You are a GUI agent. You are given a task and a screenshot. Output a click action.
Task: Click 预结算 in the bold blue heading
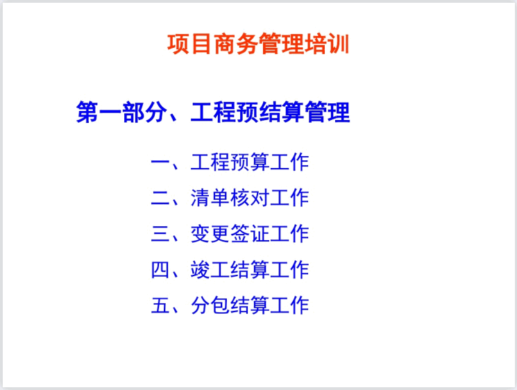(x=270, y=112)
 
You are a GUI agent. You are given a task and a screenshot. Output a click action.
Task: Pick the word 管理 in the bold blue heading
(x=328, y=112)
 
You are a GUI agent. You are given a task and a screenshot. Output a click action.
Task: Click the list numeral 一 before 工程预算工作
(x=160, y=163)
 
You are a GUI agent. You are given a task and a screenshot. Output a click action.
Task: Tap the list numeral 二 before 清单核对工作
(x=160, y=198)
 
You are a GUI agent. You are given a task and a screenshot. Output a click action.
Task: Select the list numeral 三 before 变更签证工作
(x=160, y=234)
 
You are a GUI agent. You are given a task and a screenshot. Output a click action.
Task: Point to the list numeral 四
(x=160, y=269)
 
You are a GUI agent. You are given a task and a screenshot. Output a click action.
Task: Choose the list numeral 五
(x=160, y=305)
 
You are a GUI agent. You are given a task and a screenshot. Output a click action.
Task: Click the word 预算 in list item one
(x=250, y=163)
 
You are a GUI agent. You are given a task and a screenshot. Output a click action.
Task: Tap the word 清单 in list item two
(x=210, y=198)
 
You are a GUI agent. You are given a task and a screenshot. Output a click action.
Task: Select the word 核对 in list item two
(x=250, y=198)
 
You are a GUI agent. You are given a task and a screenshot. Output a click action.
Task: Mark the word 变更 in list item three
(x=210, y=234)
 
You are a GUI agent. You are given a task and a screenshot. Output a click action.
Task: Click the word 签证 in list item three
(x=250, y=234)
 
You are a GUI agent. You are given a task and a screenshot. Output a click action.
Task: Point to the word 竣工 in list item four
(x=210, y=269)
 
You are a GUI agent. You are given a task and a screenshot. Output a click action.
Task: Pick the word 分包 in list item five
(x=210, y=305)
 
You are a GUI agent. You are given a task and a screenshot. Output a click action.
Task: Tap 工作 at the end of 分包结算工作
(x=289, y=305)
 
